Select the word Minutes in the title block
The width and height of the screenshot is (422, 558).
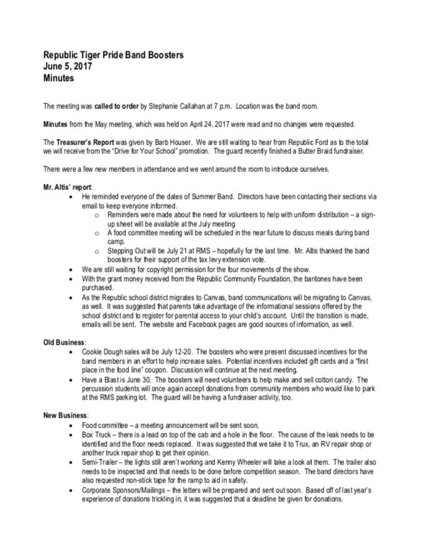tap(59, 79)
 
